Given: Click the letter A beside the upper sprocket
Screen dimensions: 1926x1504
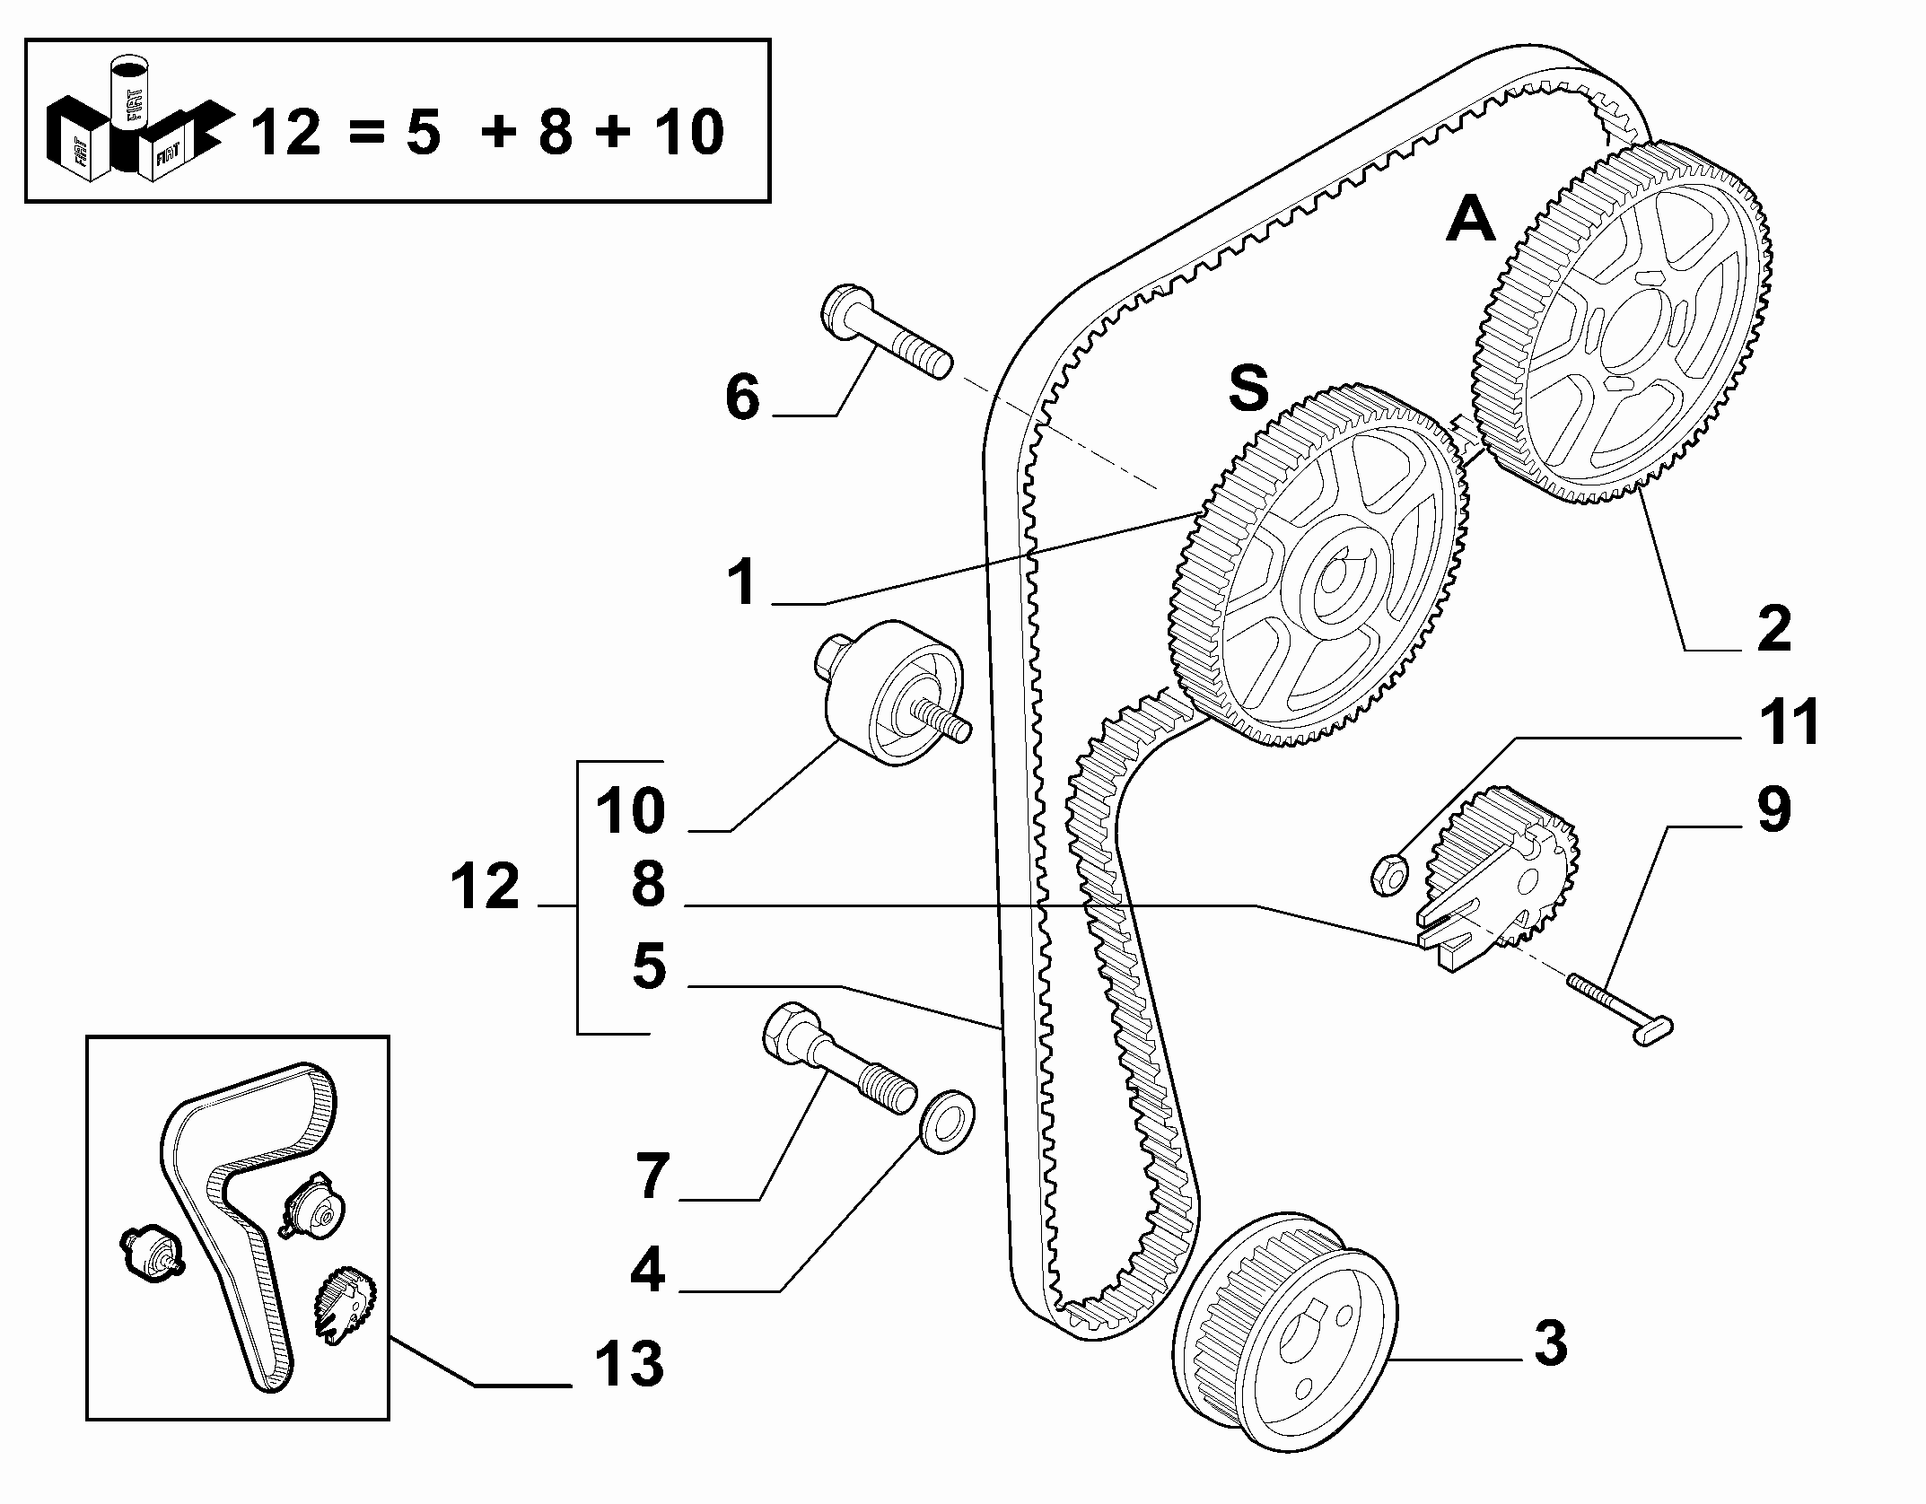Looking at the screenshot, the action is pos(1471,221).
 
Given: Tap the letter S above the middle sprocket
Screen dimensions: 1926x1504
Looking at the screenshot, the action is pos(1249,388).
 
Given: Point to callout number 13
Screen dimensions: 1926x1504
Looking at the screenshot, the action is pos(628,1388).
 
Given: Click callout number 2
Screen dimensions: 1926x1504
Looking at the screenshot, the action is pos(1773,629).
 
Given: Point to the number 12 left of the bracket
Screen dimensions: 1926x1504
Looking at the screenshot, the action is pos(485,887).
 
